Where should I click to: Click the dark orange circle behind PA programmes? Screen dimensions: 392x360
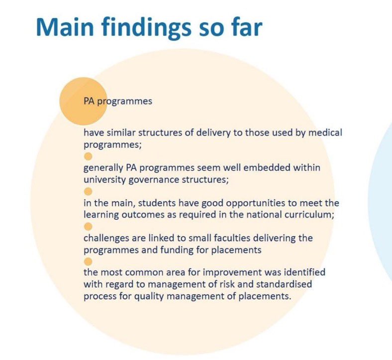coord(83,101)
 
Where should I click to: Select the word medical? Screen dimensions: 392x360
coord(325,132)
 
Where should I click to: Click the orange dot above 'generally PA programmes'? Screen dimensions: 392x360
coord(88,157)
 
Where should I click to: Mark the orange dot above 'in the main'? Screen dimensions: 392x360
coord(88,192)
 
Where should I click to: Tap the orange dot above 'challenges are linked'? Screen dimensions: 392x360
coord(88,227)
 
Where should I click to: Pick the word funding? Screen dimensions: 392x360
coord(177,250)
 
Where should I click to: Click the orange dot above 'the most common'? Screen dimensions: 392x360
coord(88,262)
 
